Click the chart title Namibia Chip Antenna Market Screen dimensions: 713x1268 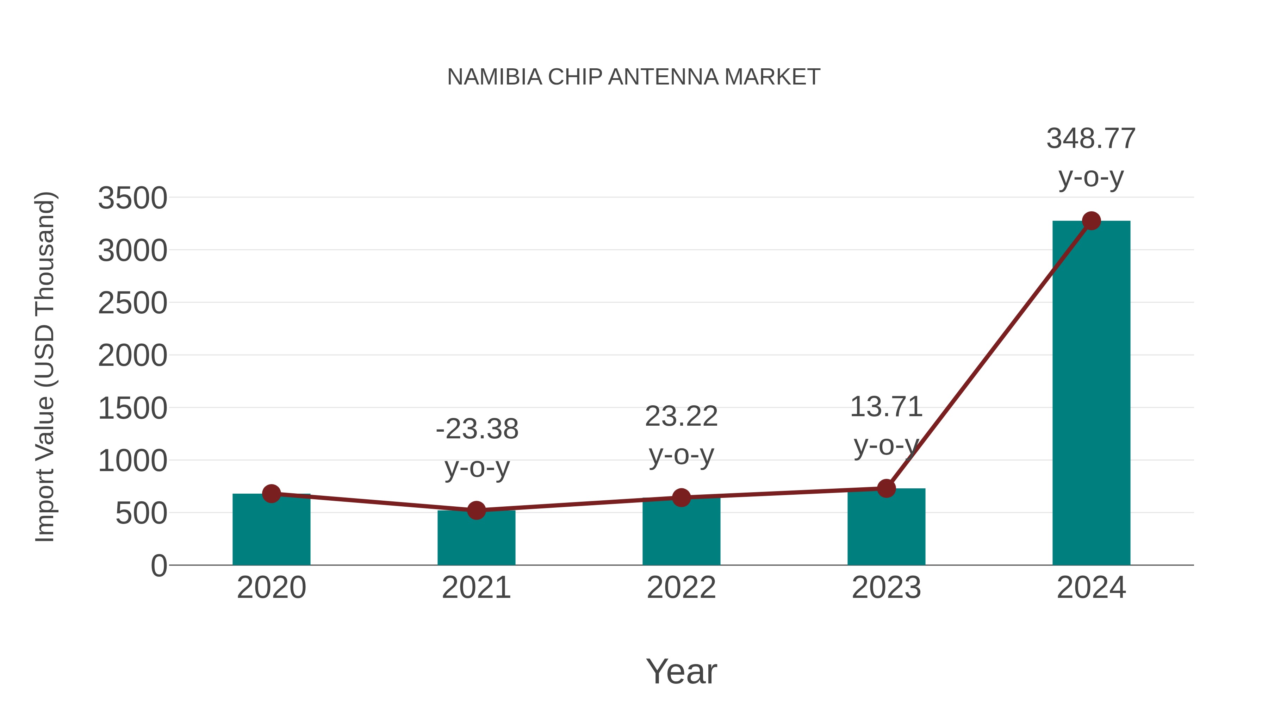(x=634, y=77)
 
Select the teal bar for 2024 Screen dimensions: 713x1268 (x=1091, y=394)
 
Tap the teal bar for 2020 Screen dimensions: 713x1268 (x=271, y=531)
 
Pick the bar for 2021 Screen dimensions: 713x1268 (x=476, y=539)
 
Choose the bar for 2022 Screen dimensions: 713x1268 (x=681, y=534)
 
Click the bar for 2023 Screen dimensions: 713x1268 (x=886, y=529)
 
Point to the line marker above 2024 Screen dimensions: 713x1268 (x=1091, y=221)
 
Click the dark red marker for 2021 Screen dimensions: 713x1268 (x=476, y=510)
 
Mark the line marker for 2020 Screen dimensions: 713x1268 (x=271, y=494)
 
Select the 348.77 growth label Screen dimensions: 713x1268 (x=1091, y=139)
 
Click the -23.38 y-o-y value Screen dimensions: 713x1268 (x=477, y=429)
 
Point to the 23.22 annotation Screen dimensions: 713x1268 (x=681, y=417)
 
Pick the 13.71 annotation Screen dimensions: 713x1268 (x=886, y=407)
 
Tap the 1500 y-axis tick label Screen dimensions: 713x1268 (x=132, y=408)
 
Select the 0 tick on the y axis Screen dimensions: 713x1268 (x=158, y=566)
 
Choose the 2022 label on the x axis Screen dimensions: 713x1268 (x=681, y=588)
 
